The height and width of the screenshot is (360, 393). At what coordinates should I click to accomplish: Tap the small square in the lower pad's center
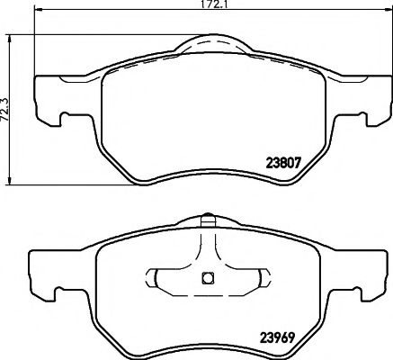pyautogui.click(x=206, y=277)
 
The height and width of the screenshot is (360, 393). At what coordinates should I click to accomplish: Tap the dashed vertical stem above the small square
pyautogui.click(x=206, y=247)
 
